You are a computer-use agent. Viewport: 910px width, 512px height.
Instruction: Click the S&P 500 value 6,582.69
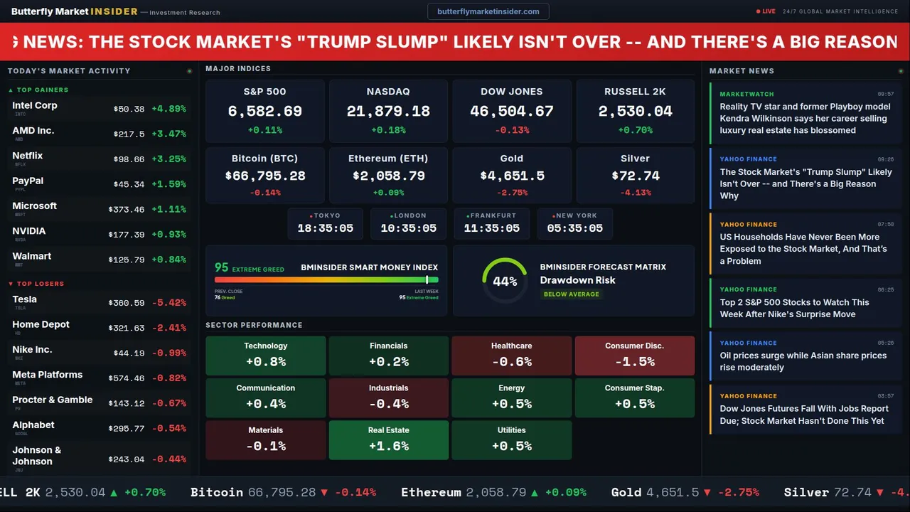264,111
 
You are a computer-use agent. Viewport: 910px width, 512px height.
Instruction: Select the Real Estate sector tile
388,439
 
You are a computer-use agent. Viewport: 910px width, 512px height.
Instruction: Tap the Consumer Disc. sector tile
634,355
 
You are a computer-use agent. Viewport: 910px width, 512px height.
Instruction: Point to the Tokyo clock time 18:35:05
325,228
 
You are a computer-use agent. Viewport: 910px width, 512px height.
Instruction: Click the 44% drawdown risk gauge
505,281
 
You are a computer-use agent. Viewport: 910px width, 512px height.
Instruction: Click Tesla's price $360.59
128,303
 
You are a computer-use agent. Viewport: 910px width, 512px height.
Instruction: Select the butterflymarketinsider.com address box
488,11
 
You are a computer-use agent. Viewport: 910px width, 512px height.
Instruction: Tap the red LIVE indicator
766,11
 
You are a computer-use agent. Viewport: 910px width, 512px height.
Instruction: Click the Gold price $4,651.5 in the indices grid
512,176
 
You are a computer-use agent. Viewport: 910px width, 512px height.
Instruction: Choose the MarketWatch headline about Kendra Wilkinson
805,118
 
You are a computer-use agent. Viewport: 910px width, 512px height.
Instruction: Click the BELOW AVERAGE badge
571,294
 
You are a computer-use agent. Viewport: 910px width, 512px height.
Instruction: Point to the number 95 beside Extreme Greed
222,267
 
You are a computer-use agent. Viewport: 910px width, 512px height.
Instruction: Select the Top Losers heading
40,284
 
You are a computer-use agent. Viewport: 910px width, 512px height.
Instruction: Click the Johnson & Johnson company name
37,455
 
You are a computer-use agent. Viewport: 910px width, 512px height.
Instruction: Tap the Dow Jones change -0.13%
512,130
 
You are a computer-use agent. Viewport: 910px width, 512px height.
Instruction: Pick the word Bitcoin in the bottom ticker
216,492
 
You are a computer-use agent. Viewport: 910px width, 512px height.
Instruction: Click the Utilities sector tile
511,439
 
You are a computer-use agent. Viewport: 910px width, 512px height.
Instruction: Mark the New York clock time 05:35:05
574,228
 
